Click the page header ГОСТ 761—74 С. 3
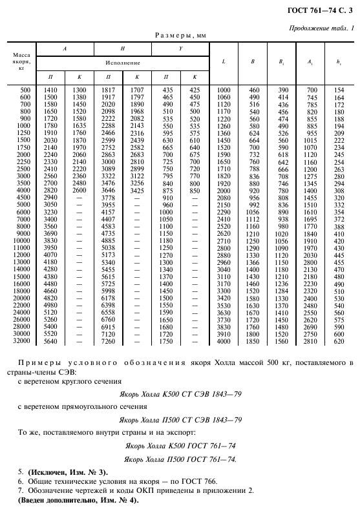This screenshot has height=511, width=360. [322, 8]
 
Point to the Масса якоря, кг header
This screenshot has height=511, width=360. [21, 63]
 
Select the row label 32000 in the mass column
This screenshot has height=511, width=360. [22, 340]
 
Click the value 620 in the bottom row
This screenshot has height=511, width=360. [339, 340]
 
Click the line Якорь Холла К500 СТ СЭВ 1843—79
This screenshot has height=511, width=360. [180, 393]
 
